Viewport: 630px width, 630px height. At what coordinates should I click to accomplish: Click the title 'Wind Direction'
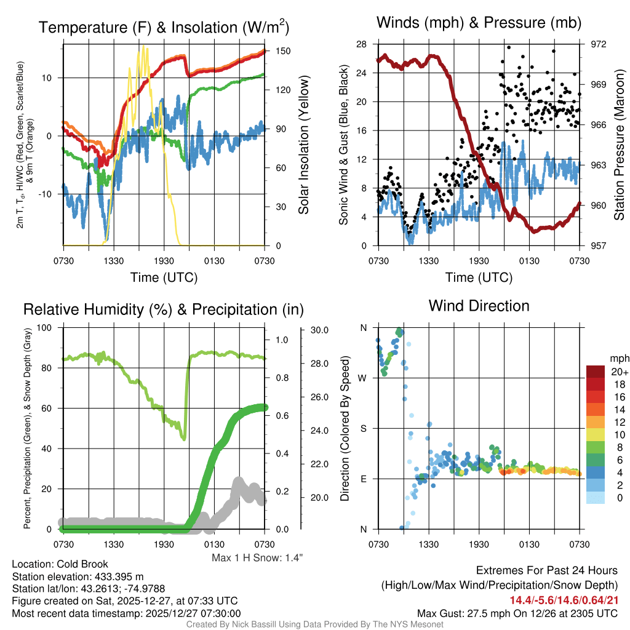[x=479, y=306]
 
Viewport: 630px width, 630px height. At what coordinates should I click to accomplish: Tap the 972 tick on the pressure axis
[x=599, y=44]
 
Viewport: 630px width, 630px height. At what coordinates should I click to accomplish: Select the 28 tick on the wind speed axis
[x=361, y=44]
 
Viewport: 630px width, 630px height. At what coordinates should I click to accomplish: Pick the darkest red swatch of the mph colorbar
[x=596, y=372]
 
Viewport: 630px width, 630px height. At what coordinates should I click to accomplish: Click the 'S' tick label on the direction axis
[x=363, y=428]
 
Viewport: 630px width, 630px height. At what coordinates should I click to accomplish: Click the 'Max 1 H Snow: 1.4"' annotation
[x=257, y=558]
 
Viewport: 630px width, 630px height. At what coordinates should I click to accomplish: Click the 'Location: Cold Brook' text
[x=60, y=564]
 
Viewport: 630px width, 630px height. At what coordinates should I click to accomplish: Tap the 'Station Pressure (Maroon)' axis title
[x=620, y=144]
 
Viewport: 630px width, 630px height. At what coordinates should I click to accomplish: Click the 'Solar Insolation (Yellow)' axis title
[x=303, y=145]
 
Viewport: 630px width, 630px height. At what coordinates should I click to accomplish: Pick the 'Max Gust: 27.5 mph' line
[x=517, y=613]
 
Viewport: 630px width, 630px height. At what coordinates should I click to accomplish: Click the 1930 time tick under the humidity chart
[x=164, y=544]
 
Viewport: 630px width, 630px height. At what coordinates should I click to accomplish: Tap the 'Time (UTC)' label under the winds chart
[x=479, y=277]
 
